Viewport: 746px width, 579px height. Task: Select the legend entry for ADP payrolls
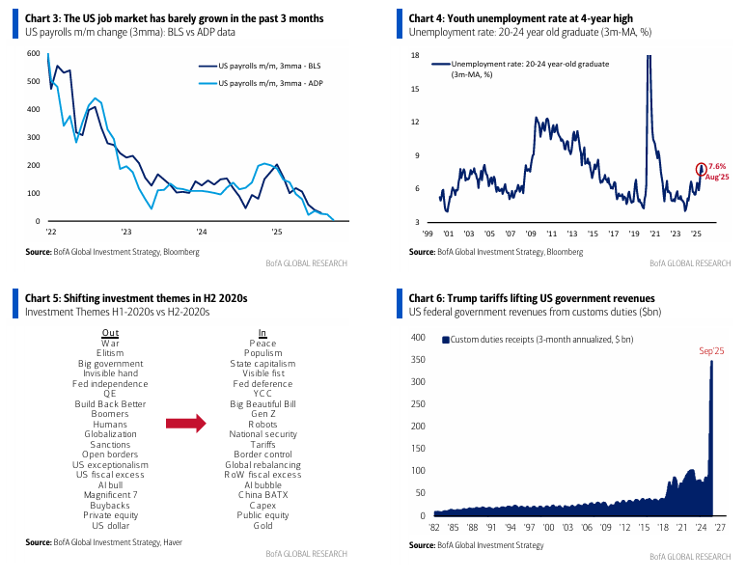point(262,84)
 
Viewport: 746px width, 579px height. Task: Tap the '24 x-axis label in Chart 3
point(201,232)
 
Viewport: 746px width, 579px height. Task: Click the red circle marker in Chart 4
point(701,170)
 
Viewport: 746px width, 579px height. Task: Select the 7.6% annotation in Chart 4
point(718,166)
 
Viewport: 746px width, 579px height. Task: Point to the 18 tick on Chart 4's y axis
point(414,55)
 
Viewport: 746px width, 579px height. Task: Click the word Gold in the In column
point(262,526)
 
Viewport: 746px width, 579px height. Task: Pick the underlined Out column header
point(110,332)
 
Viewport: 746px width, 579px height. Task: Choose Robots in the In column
point(262,424)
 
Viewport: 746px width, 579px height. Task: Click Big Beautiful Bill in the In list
point(262,403)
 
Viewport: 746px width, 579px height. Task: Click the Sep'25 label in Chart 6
point(712,351)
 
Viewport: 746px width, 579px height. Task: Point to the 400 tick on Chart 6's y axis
point(418,338)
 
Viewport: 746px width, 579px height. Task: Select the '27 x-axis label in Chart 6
point(721,528)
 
